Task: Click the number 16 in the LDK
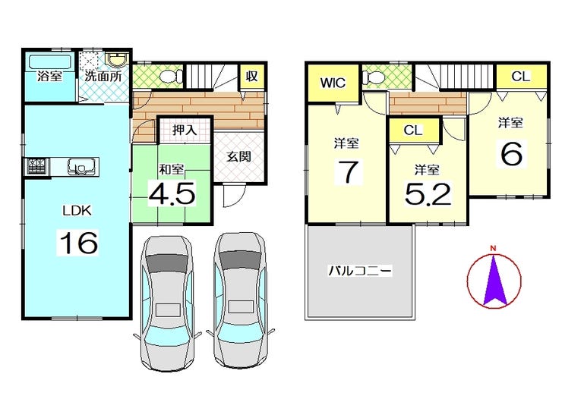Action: click(x=77, y=243)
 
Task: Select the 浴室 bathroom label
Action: click(x=50, y=76)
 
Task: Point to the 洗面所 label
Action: click(x=103, y=76)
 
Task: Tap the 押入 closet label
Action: click(x=184, y=130)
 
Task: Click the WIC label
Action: click(x=333, y=82)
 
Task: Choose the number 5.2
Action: click(x=427, y=195)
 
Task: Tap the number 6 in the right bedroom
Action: click(x=510, y=154)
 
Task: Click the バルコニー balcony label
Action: click(x=360, y=271)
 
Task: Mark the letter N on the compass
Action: click(x=492, y=248)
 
